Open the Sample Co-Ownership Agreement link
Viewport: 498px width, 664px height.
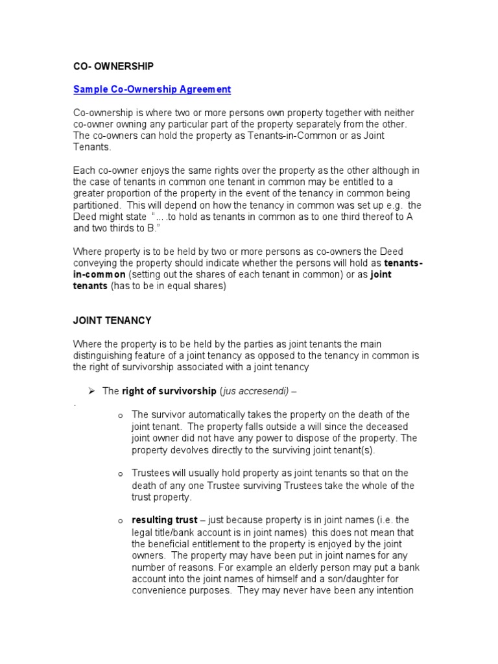click(152, 89)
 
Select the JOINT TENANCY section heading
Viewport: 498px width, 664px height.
click(112, 320)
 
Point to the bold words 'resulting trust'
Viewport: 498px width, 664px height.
click(164, 520)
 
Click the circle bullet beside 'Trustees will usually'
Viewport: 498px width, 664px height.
click(121, 474)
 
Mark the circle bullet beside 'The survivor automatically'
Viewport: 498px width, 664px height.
click(121, 415)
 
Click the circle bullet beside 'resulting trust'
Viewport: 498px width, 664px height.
click(121, 521)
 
